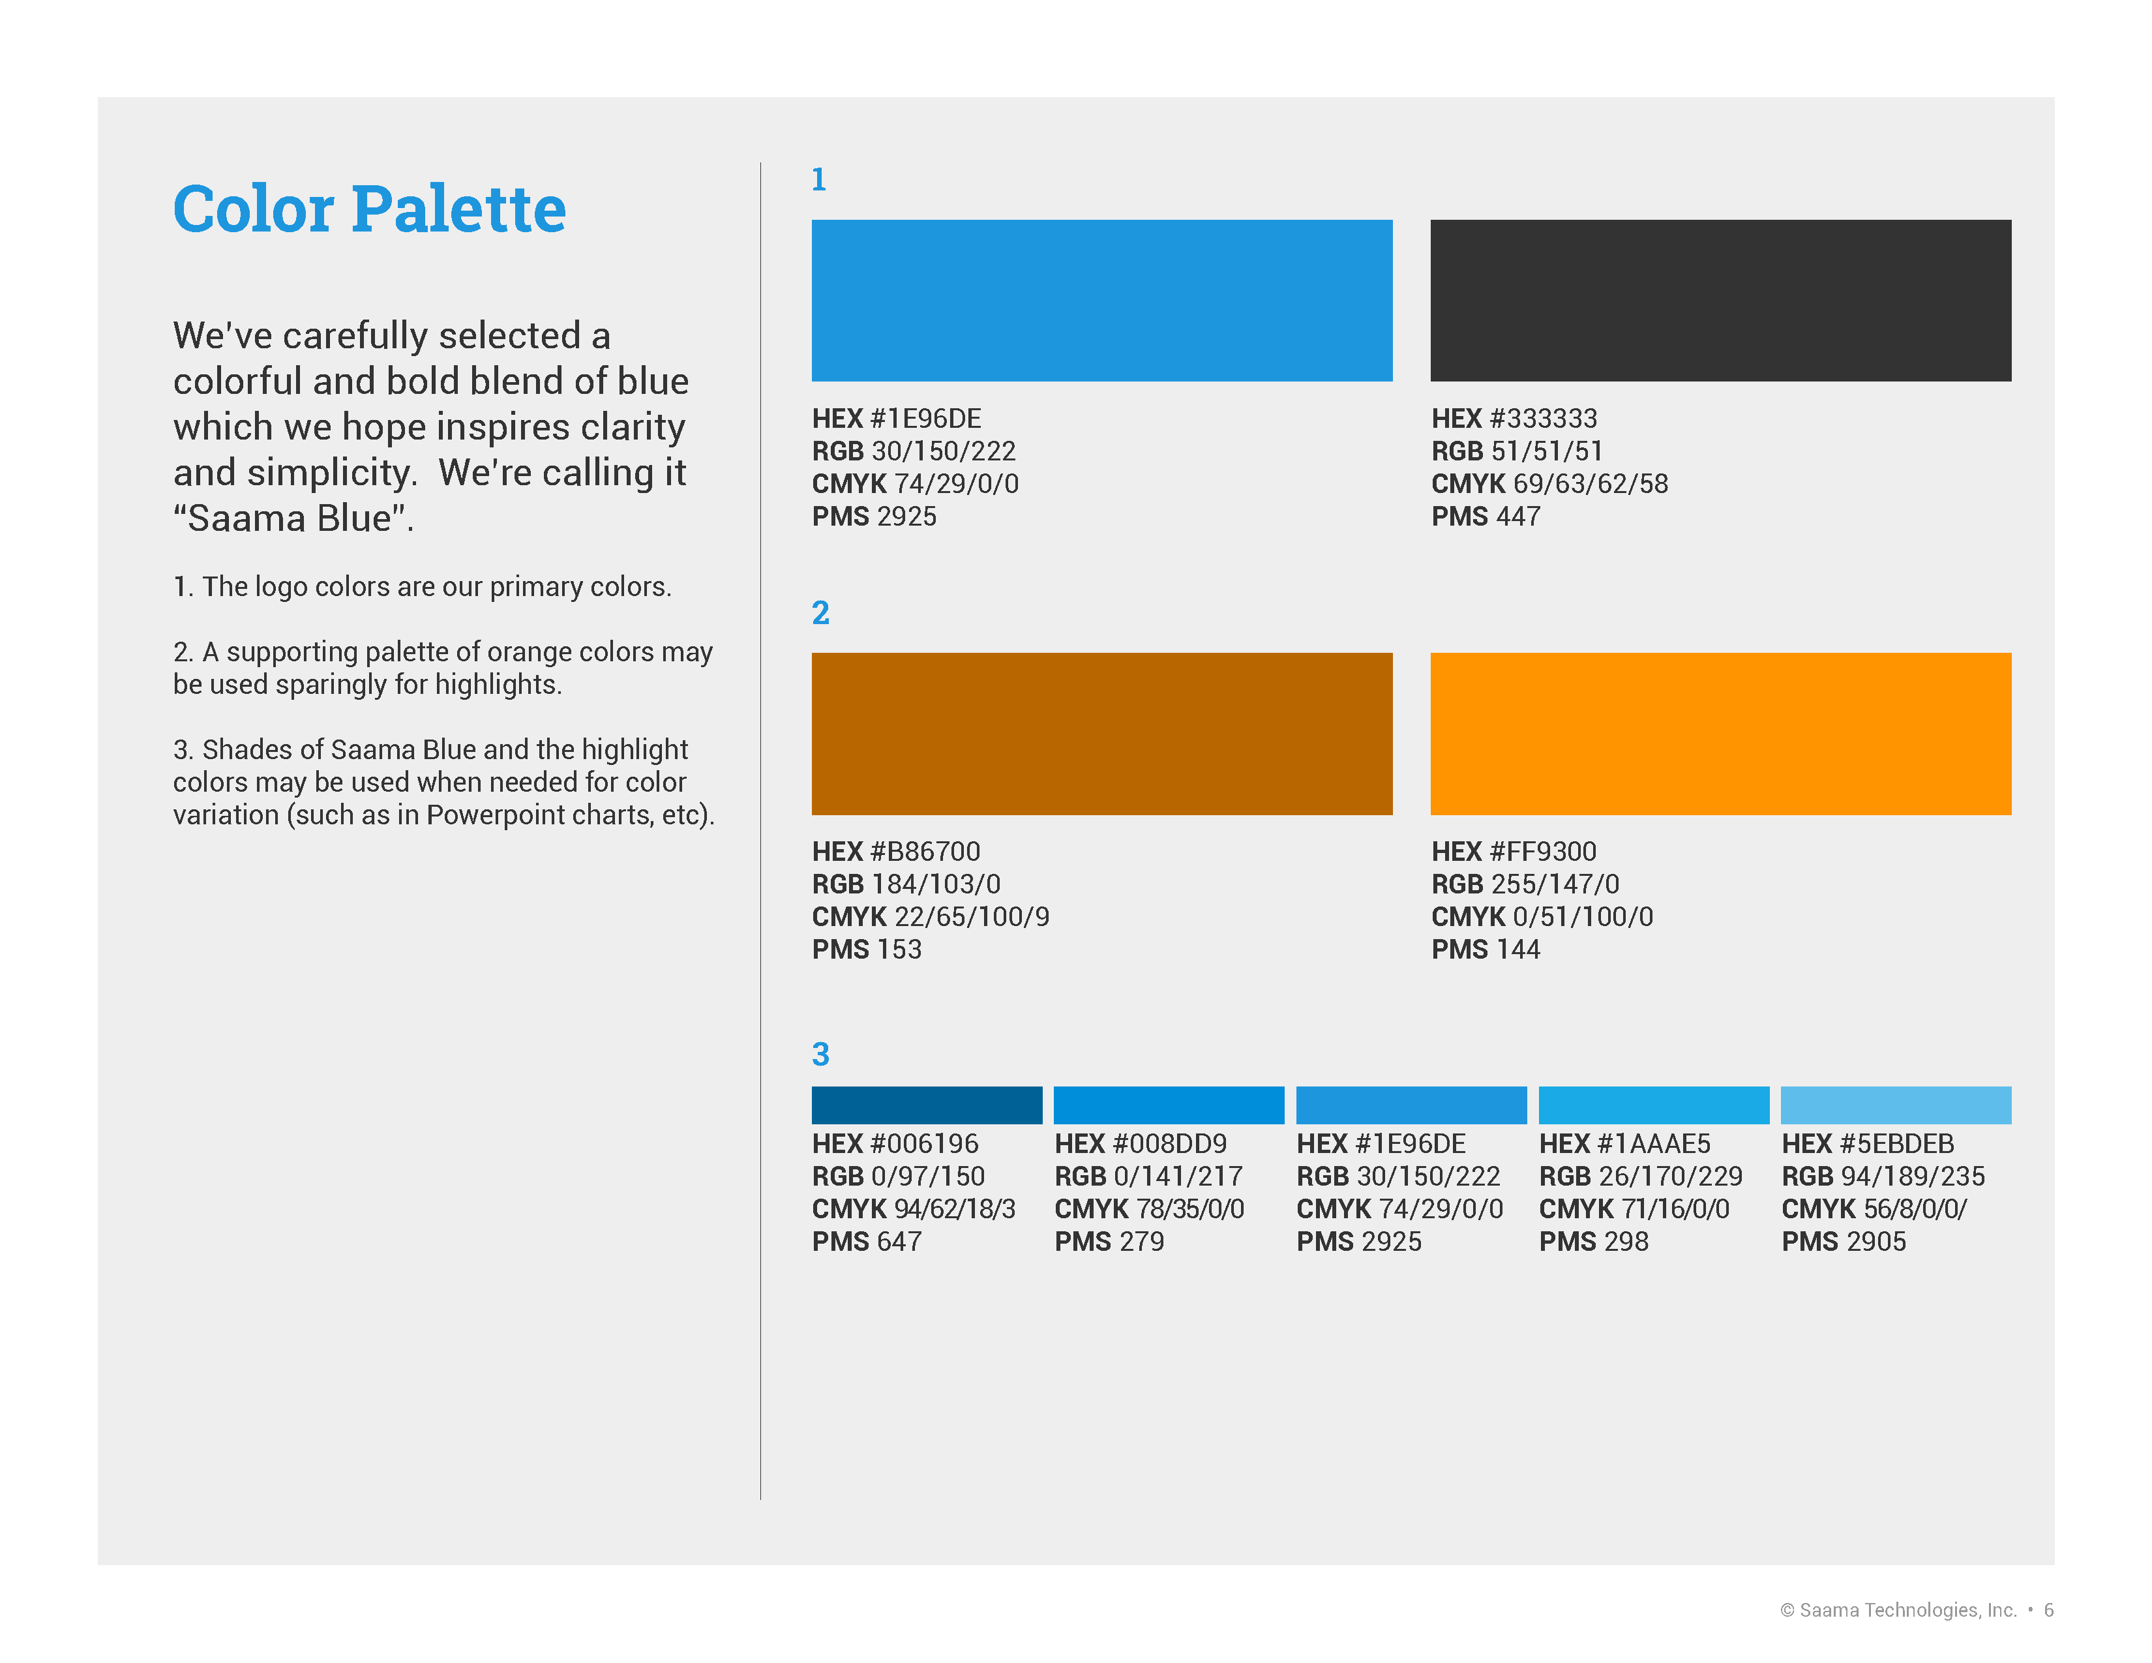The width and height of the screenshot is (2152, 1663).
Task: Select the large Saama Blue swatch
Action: tap(1101, 301)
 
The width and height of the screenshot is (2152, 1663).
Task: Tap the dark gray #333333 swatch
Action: tap(1720, 301)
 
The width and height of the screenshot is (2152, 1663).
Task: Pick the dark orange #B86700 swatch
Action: tap(1101, 734)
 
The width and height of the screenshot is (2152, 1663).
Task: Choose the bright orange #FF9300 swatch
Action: tap(1720, 734)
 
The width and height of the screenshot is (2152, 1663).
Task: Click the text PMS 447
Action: tap(1486, 517)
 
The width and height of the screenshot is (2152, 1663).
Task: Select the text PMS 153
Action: tap(867, 950)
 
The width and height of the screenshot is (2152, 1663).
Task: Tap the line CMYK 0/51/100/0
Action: tap(1542, 917)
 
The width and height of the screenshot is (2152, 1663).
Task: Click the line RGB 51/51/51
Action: tap(1517, 451)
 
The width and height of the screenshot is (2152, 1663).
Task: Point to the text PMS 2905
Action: tap(1844, 1241)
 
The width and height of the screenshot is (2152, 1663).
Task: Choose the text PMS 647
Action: tap(867, 1241)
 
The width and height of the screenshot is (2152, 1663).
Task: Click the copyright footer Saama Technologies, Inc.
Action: tap(1907, 1610)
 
